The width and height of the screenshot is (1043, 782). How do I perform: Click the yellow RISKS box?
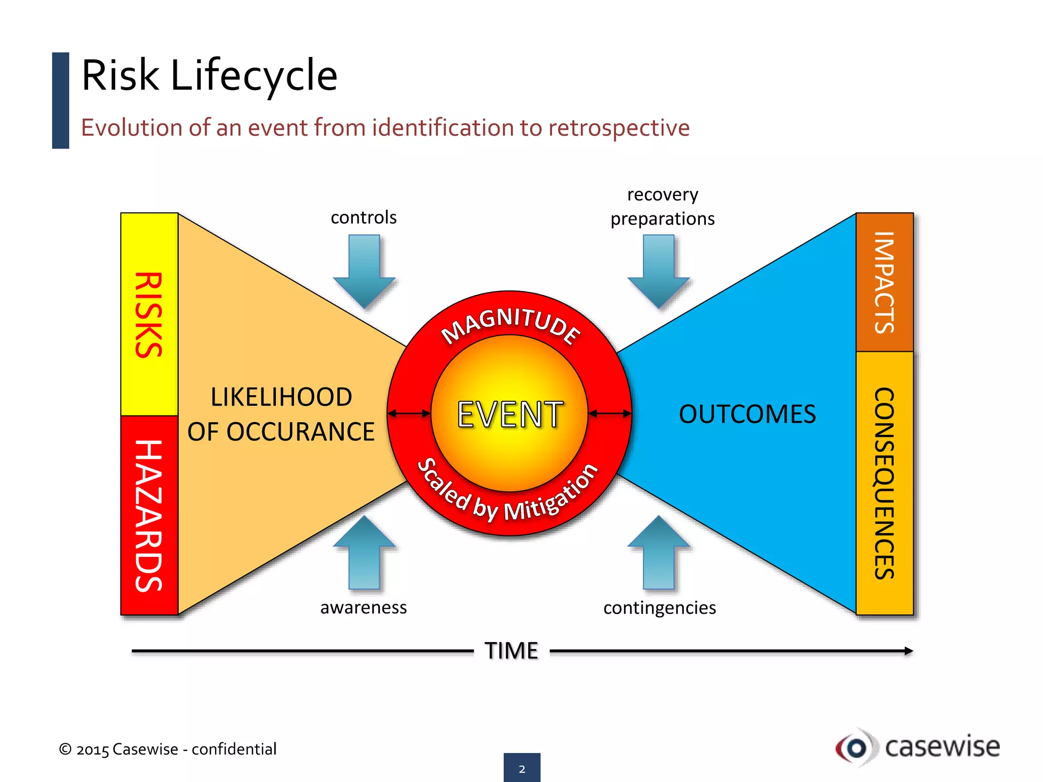[x=149, y=315]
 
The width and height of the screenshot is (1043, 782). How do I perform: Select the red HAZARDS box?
[x=149, y=515]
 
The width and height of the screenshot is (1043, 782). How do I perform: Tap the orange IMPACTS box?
[x=885, y=283]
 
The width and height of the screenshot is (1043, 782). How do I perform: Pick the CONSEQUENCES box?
[x=885, y=483]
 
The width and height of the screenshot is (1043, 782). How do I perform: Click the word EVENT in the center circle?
[x=510, y=414]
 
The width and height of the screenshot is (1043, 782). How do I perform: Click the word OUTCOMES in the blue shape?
[x=747, y=414]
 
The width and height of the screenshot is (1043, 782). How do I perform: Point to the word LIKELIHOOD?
[x=281, y=397]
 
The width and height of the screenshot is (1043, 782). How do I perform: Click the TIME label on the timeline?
[x=511, y=651]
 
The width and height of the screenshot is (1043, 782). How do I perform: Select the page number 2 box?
[x=522, y=768]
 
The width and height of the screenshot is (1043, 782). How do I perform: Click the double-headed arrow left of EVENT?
[x=409, y=413]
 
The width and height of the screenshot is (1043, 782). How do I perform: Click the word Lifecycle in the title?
[x=254, y=75]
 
